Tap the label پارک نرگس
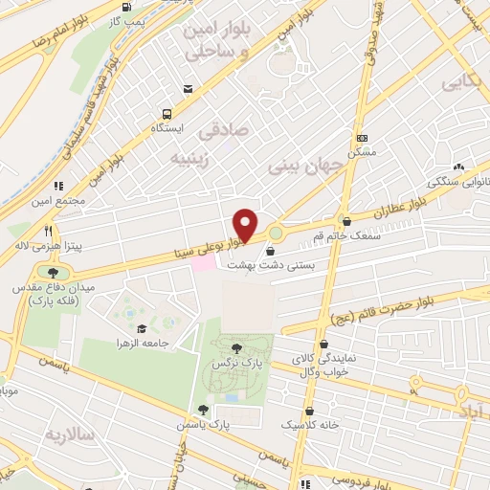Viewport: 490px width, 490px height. click(237, 366)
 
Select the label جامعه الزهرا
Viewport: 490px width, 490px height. click(143, 343)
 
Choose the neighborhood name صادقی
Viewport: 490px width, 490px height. click(229, 128)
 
